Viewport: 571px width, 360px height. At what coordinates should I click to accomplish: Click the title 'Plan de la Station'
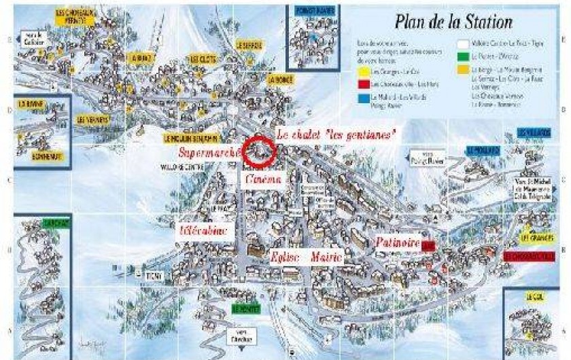click(454, 22)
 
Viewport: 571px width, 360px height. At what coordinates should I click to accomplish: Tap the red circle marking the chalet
click(260, 150)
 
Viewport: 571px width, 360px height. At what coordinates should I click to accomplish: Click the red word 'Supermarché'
click(210, 152)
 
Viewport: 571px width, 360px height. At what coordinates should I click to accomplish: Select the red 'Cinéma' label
click(262, 180)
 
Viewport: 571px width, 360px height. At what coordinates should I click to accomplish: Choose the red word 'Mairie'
click(327, 259)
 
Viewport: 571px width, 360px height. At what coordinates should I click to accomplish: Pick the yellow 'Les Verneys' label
click(93, 119)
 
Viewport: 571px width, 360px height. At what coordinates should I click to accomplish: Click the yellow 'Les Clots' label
click(203, 58)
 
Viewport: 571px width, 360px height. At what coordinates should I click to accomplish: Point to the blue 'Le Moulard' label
click(479, 149)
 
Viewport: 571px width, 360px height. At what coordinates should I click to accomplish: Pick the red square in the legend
click(364, 84)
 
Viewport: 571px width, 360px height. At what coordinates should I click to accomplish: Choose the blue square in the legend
click(364, 98)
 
